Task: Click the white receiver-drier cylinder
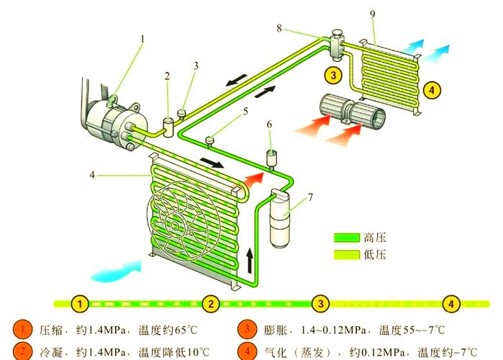(281, 216)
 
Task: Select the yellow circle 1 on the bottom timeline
(82, 303)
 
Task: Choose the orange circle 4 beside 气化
(248, 352)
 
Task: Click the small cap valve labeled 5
(211, 139)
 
